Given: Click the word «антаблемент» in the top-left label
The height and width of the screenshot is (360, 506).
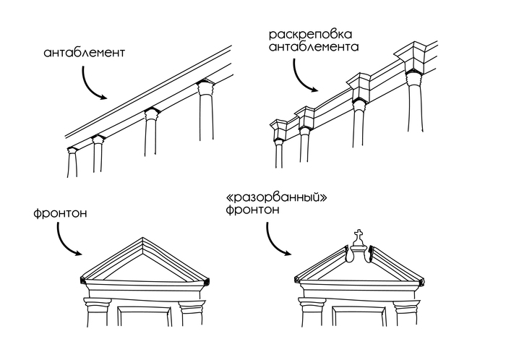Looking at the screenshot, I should [x=85, y=53].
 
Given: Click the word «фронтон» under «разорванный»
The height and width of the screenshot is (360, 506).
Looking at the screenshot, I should [x=252, y=210].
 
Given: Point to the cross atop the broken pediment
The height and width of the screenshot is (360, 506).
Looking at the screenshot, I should [x=357, y=236].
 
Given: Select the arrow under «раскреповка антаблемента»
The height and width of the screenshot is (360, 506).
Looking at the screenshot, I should [x=302, y=77].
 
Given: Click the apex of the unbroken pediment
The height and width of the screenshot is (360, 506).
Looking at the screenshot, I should [x=142, y=240].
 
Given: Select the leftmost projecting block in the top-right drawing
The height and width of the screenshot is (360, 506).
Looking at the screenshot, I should [x=278, y=129].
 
